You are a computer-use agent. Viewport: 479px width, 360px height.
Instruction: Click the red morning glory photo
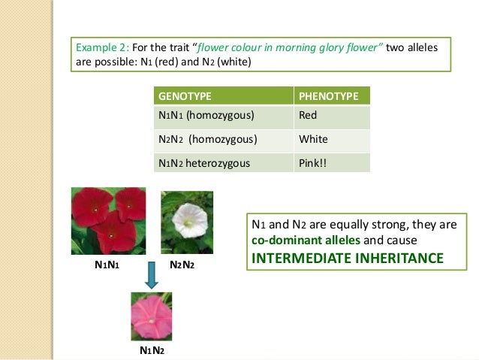[108, 221]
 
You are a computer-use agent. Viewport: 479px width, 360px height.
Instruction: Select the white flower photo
[187, 221]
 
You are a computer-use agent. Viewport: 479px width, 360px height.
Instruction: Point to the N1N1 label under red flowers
[108, 265]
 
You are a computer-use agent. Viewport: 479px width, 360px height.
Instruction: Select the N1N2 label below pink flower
[152, 350]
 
